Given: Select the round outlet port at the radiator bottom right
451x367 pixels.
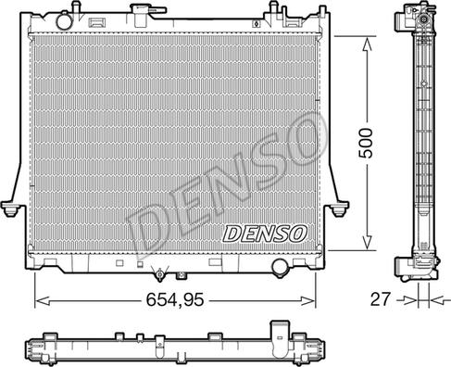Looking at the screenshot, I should (x=279, y=268).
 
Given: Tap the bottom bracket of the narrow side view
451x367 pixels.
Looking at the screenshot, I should (x=418, y=269).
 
